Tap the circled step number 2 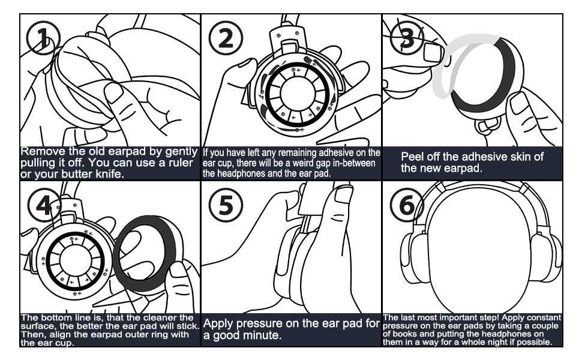tap(226, 37)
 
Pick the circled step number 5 tap(226, 206)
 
